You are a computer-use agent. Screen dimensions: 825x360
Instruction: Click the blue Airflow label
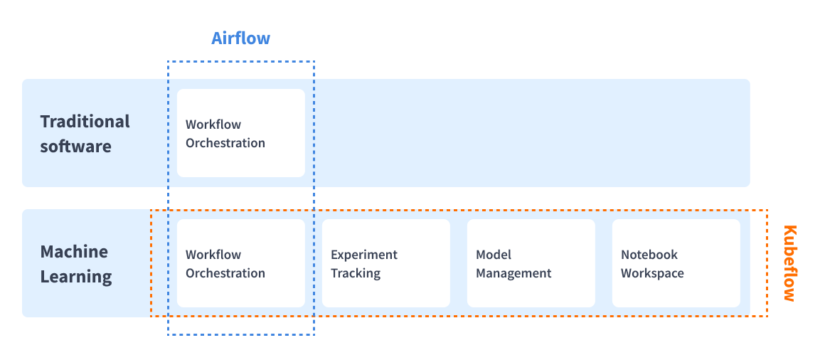[240, 38]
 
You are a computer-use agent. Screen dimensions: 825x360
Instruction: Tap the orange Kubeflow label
[789, 263]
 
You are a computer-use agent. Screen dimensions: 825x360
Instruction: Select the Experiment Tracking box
[386, 263]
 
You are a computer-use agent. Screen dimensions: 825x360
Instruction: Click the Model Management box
[531, 263]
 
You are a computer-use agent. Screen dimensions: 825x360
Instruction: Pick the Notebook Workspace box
[676, 263]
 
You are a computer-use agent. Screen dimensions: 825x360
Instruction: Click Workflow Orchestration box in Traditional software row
[241, 133]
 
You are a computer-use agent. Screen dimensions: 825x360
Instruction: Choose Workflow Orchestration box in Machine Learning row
[241, 263]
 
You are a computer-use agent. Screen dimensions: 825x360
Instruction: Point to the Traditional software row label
[85, 133]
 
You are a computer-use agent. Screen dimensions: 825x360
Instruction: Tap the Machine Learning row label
[76, 264]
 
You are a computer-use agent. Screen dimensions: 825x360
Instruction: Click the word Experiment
[364, 255]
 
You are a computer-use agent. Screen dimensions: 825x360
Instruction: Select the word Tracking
[356, 273]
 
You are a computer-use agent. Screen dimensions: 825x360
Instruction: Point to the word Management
[513, 274]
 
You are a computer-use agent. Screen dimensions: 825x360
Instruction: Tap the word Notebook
[649, 255]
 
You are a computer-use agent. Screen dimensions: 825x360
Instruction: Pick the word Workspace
[652, 274]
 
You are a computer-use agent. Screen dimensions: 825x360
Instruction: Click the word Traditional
[85, 122]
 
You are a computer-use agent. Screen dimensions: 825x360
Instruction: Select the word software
[76, 146]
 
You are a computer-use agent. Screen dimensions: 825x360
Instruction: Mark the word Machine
[74, 252]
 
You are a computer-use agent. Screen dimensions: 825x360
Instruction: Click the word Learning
[76, 276]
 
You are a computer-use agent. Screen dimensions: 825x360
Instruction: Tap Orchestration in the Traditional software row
[225, 143]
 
